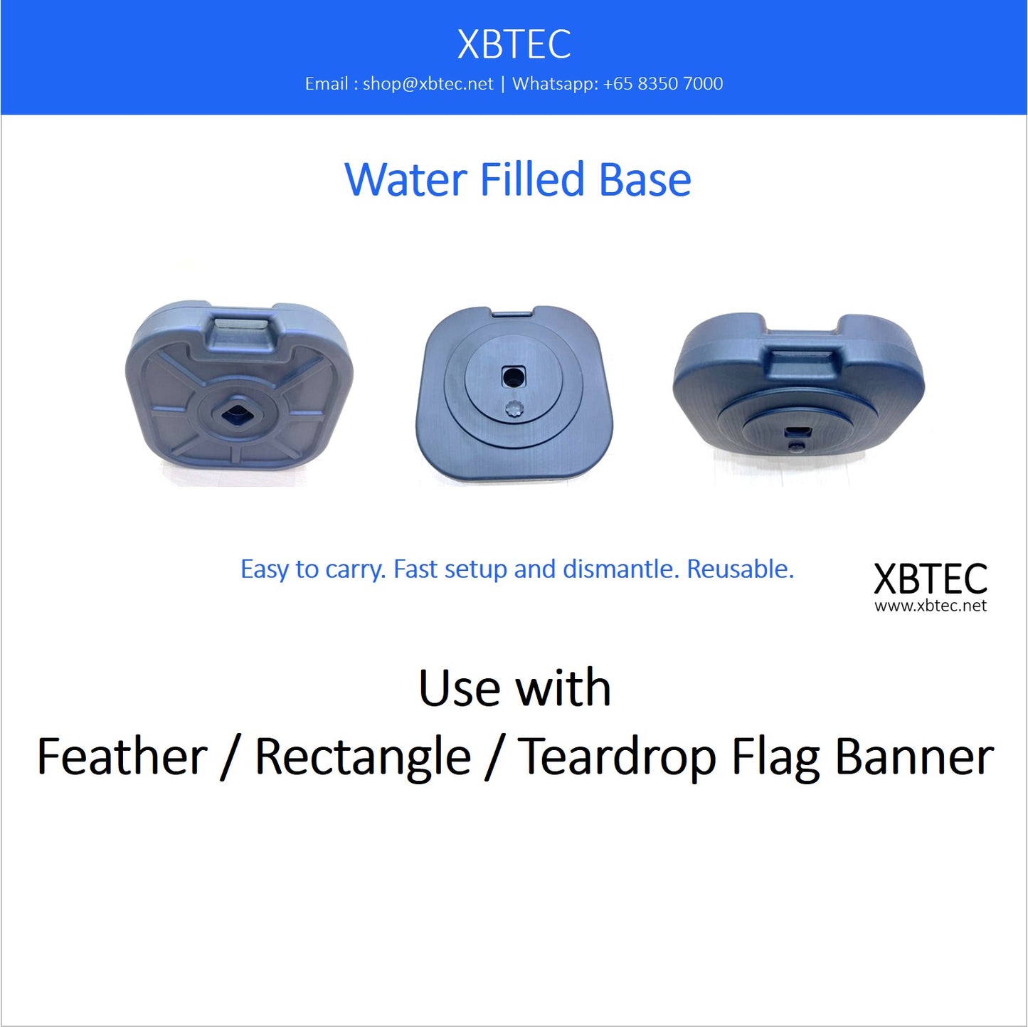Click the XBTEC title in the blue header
point(514,44)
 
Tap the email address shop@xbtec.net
point(428,84)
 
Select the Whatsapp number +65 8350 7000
point(662,84)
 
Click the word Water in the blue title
point(406,179)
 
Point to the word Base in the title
point(645,179)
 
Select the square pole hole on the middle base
point(513,376)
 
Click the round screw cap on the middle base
point(513,409)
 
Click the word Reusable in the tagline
point(740,569)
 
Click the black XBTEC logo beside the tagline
point(930,579)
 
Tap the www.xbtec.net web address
point(931,606)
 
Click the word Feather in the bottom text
point(122,757)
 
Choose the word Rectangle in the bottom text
point(363,757)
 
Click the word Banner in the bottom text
point(914,757)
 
